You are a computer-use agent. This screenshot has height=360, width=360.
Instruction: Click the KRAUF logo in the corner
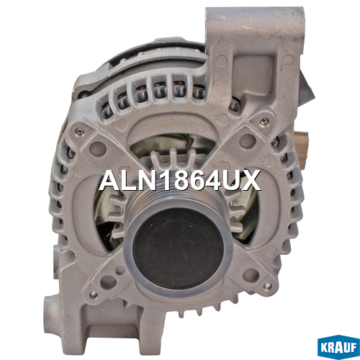tap(338, 348)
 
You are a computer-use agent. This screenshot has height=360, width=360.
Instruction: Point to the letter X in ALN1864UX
tap(251, 180)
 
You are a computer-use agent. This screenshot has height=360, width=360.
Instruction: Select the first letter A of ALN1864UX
tap(110, 180)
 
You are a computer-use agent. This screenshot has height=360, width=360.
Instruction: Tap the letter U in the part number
tap(231, 180)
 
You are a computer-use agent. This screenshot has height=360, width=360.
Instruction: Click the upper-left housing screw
tap(80, 131)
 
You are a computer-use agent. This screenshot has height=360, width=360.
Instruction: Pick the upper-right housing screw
tap(264, 121)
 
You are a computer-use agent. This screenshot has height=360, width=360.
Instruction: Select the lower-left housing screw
tap(94, 294)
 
